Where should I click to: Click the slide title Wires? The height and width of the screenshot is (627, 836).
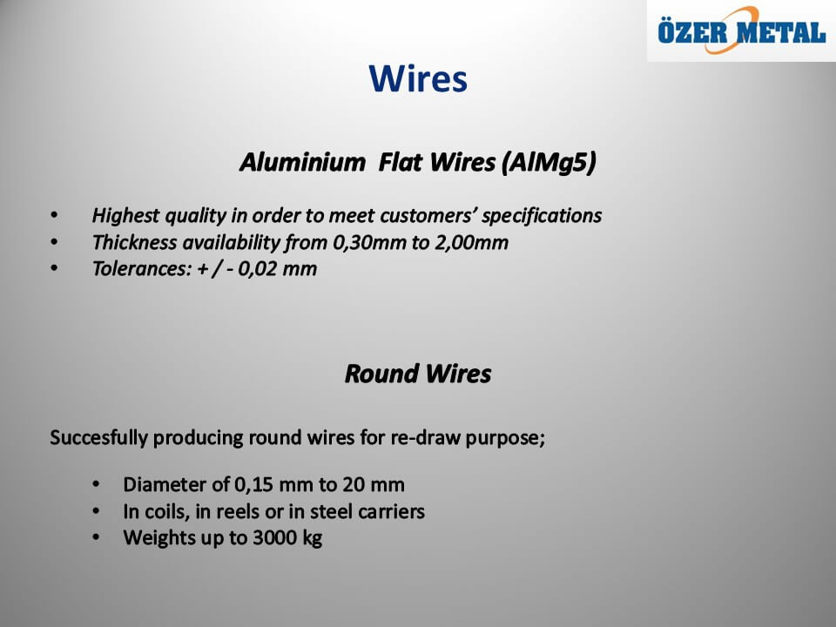[x=418, y=79]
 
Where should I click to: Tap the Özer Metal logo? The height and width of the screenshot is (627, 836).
[x=742, y=31]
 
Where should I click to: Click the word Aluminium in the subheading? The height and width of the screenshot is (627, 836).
[x=303, y=162]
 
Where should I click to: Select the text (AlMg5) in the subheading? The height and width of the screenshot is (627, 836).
[x=549, y=163]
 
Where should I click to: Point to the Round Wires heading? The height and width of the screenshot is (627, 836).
[x=418, y=374]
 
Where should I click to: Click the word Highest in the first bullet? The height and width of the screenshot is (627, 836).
[x=125, y=216]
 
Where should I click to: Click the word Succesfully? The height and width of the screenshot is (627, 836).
[x=98, y=438]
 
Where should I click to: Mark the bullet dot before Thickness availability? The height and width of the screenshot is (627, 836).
[x=54, y=242]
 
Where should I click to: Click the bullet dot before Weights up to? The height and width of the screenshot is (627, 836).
[x=96, y=537]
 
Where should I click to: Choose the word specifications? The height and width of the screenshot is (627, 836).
[x=542, y=216]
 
